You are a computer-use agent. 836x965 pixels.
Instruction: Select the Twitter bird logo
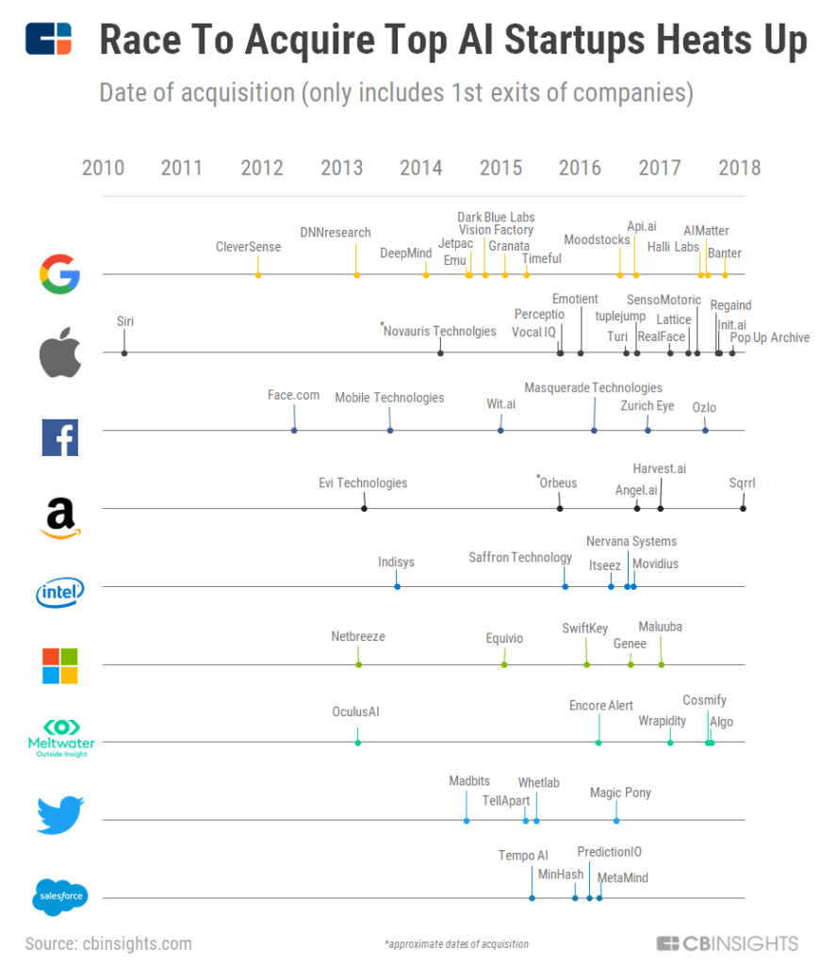tap(60, 815)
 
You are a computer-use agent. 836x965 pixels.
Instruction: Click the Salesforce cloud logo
tap(60, 896)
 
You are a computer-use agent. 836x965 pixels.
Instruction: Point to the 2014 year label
tap(420, 169)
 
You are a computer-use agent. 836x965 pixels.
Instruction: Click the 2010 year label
tap(103, 169)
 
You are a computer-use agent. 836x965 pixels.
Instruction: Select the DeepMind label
tap(405, 253)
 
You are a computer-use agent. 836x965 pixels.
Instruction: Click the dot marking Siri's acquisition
tap(124, 352)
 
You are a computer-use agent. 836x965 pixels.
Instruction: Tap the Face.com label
tap(293, 395)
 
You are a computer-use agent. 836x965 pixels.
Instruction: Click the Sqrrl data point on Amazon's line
tap(743, 509)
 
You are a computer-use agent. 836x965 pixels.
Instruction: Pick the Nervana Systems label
tap(631, 542)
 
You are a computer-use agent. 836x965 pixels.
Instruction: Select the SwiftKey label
tap(584, 629)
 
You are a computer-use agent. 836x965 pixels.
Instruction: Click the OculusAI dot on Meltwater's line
tap(357, 743)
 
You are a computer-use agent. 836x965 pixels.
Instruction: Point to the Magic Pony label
tap(619, 793)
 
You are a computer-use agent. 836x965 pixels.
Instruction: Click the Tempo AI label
tap(522, 856)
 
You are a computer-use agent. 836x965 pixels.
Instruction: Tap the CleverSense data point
tap(257, 274)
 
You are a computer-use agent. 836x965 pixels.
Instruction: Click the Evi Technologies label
tap(363, 483)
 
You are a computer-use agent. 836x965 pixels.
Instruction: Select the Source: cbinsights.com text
tap(108, 943)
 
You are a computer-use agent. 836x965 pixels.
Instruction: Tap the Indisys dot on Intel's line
tap(397, 587)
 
